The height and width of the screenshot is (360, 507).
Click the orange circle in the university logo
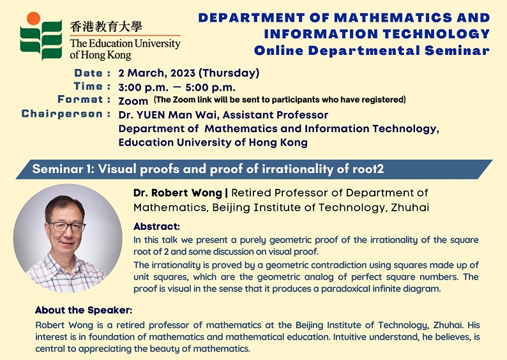tap(33, 18)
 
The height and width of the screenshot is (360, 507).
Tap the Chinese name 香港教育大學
tap(106, 27)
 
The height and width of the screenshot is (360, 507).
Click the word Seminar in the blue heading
tap(457, 50)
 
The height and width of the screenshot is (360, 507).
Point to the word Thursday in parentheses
tap(229, 73)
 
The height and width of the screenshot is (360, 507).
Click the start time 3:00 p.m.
tap(143, 87)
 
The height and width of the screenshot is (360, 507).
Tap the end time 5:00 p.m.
tap(210, 87)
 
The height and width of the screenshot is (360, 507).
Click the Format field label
tap(80, 99)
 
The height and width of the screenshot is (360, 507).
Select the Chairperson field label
tap(62, 114)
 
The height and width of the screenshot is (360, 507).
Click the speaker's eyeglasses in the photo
tap(66, 227)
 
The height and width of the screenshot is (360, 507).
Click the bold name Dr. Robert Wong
tap(178, 193)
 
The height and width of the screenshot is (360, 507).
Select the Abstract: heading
tap(156, 226)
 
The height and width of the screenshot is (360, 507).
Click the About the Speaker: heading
tap(84, 310)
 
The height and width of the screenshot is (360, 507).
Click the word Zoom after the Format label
tap(133, 101)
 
